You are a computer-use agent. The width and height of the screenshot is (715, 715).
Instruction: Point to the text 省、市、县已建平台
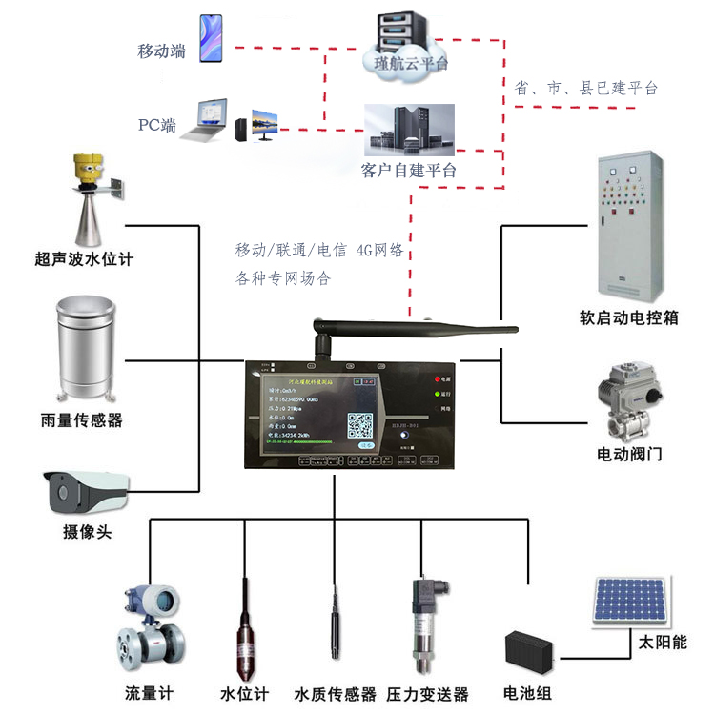[x=586, y=88]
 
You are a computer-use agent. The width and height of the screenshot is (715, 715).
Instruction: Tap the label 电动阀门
[x=630, y=454]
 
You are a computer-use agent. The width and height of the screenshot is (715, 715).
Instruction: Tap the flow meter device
[x=153, y=630]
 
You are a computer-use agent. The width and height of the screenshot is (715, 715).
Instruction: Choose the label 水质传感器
[x=336, y=694]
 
